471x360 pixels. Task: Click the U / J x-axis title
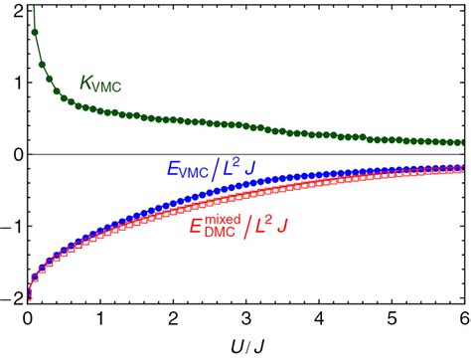pos(246,346)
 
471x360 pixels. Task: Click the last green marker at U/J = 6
pos(464,142)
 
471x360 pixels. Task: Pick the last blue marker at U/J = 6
pos(464,167)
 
